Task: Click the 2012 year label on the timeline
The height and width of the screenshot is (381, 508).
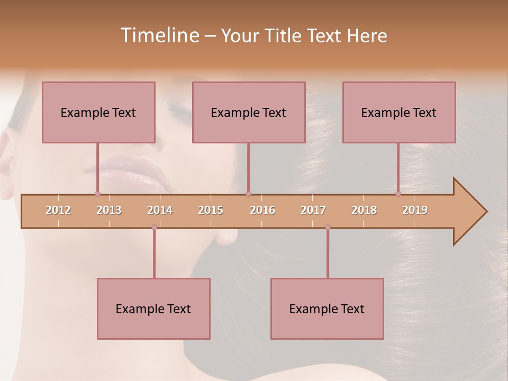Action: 58,210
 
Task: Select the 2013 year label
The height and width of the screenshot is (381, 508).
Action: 109,210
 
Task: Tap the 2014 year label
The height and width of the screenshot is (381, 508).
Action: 160,210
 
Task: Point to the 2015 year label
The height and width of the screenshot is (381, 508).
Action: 211,210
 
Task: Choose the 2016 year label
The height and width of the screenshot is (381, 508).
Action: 262,210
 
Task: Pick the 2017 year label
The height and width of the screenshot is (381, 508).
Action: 313,210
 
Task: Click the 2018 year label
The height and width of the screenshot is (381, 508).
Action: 364,210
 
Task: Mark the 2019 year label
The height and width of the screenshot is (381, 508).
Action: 415,210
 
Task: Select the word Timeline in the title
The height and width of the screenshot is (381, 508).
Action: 159,35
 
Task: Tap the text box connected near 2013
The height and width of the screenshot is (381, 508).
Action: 98,112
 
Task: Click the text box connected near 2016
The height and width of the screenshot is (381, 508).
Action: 249,112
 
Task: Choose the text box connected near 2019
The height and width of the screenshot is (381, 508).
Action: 399,112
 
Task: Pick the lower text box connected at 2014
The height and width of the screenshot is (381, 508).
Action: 153,309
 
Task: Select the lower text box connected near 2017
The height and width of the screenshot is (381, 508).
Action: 327,309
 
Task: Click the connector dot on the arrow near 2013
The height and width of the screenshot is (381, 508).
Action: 97,194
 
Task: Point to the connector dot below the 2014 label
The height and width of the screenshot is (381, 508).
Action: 154,228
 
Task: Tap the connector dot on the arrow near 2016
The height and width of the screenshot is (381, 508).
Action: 248,194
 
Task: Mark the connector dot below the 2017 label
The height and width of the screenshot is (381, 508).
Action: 328,228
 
